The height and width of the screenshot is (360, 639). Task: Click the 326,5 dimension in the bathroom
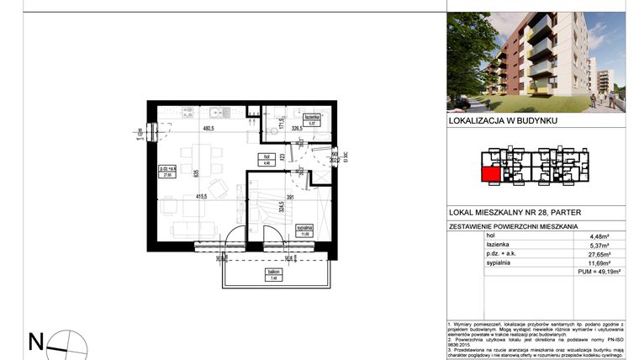[x=296, y=130]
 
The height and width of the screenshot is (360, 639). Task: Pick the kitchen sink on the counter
[x=216, y=113]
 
